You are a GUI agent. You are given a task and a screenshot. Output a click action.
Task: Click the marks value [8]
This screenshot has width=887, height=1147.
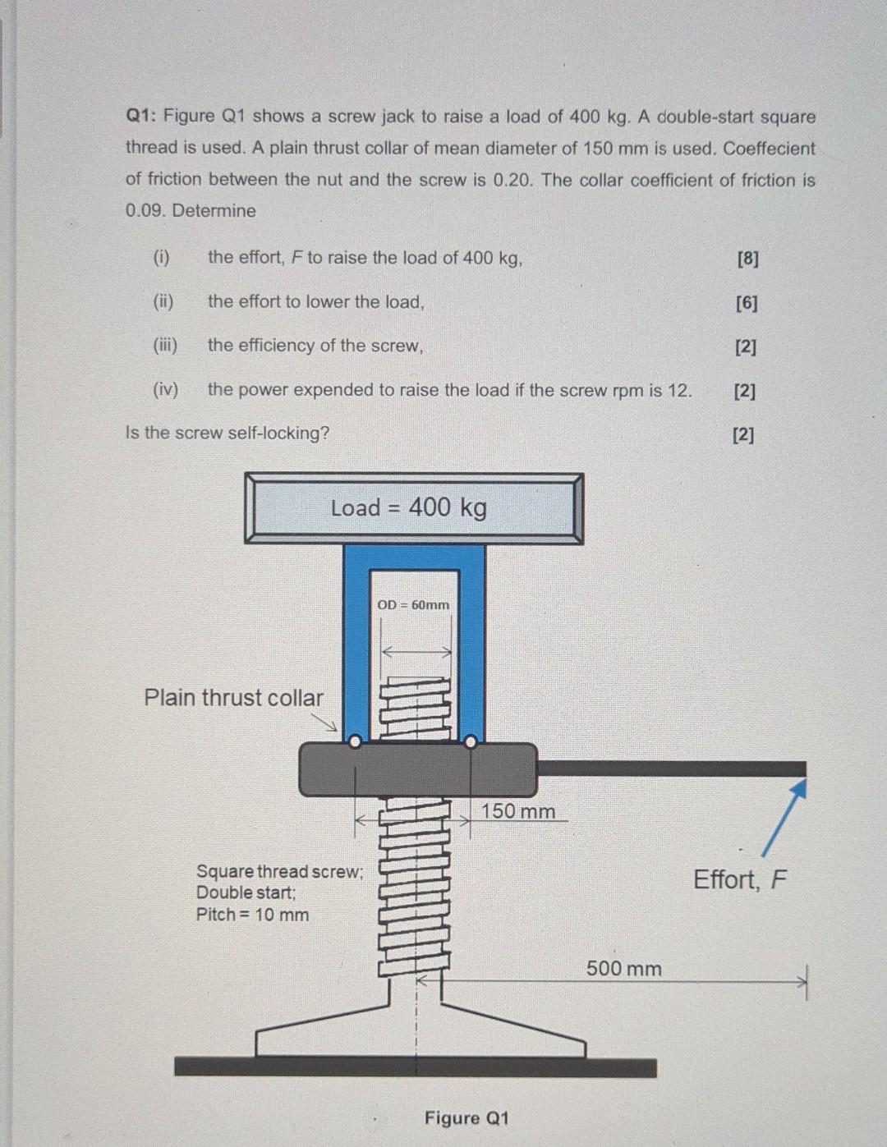[x=747, y=259]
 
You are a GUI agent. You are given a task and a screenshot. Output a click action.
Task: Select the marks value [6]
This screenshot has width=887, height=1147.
[x=747, y=303]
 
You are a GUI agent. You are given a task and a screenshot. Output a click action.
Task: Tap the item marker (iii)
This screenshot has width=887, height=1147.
[x=164, y=346]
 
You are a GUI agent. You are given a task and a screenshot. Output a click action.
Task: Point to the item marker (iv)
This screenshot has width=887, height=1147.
[x=165, y=390]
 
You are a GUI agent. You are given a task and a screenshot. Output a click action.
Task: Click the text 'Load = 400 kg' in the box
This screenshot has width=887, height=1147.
[x=408, y=507]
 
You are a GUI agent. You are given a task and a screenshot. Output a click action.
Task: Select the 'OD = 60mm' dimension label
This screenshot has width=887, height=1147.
[x=413, y=605]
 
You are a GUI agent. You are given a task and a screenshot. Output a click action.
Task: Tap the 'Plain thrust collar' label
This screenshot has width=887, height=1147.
[x=233, y=698]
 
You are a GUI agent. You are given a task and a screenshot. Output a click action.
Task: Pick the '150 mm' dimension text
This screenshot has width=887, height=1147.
[x=517, y=811]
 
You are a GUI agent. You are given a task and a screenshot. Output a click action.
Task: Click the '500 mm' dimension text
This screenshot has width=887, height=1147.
[x=623, y=969]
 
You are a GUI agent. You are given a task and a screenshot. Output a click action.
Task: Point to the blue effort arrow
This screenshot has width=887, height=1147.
[x=783, y=818]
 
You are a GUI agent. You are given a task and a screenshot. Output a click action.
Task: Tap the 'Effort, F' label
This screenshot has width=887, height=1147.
[x=740, y=880]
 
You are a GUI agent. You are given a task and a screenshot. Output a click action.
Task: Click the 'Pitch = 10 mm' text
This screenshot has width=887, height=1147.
[x=252, y=915]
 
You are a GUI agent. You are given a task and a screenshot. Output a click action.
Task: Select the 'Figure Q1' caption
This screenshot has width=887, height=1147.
[x=466, y=1118]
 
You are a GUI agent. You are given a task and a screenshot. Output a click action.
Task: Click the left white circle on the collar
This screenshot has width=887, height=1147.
[x=354, y=741]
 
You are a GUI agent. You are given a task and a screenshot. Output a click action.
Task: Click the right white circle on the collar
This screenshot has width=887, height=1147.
[x=471, y=741]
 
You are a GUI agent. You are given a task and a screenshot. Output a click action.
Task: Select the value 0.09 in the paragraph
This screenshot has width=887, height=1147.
[x=146, y=211]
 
